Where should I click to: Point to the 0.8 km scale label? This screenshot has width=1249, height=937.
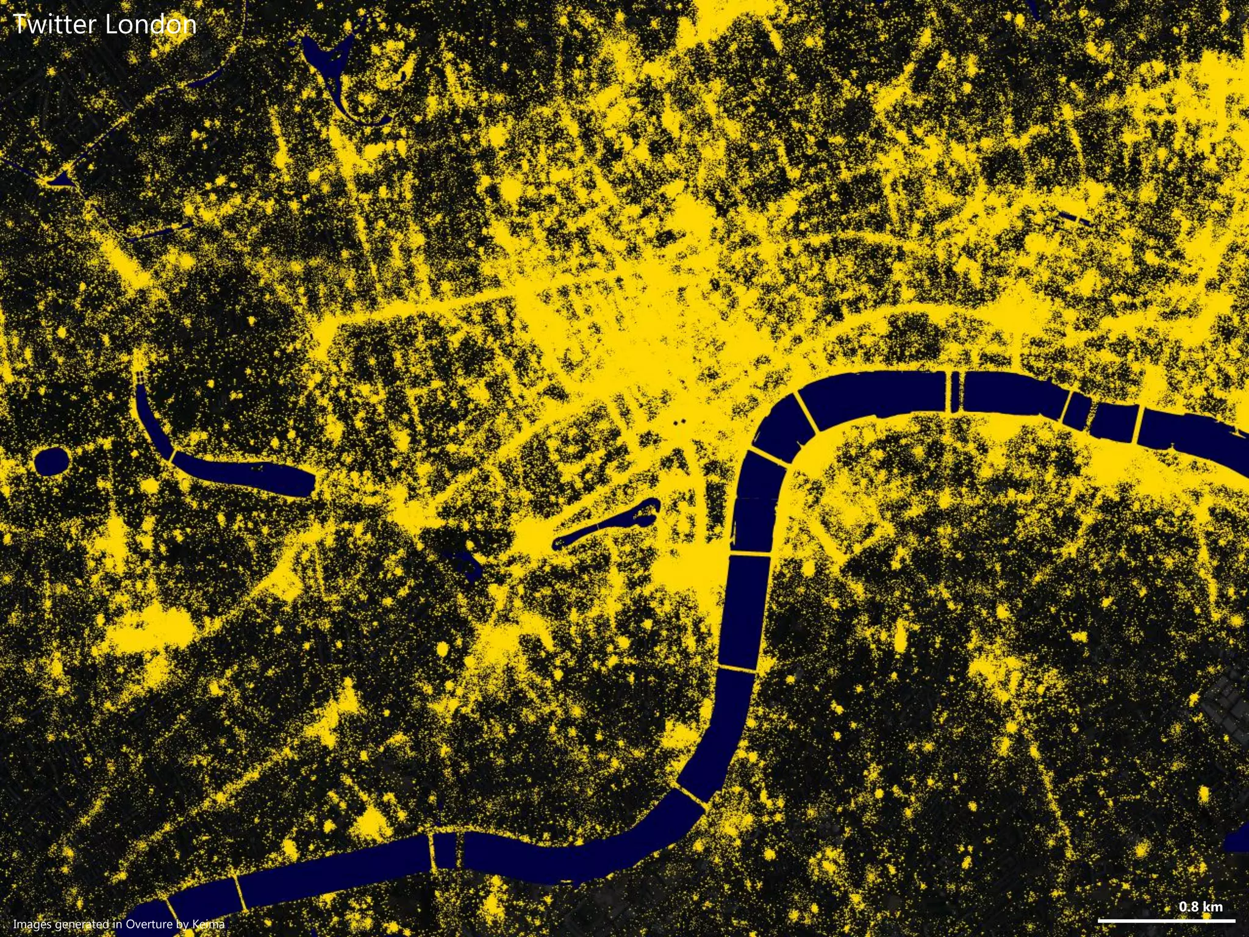tap(1200, 906)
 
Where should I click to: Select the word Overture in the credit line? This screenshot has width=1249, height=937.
tap(149, 924)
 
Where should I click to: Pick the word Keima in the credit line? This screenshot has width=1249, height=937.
tap(208, 924)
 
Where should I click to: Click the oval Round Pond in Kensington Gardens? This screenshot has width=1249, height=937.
tap(52, 461)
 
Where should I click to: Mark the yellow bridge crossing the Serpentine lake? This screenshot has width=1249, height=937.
tap(171, 456)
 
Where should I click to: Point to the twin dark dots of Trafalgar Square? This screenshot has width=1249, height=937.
tap(679, 422)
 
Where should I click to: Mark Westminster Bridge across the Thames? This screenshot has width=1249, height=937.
tap(750, 554)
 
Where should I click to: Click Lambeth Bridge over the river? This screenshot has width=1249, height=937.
tap(737, 670)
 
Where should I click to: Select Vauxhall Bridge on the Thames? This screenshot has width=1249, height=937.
tap(692, 795)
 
